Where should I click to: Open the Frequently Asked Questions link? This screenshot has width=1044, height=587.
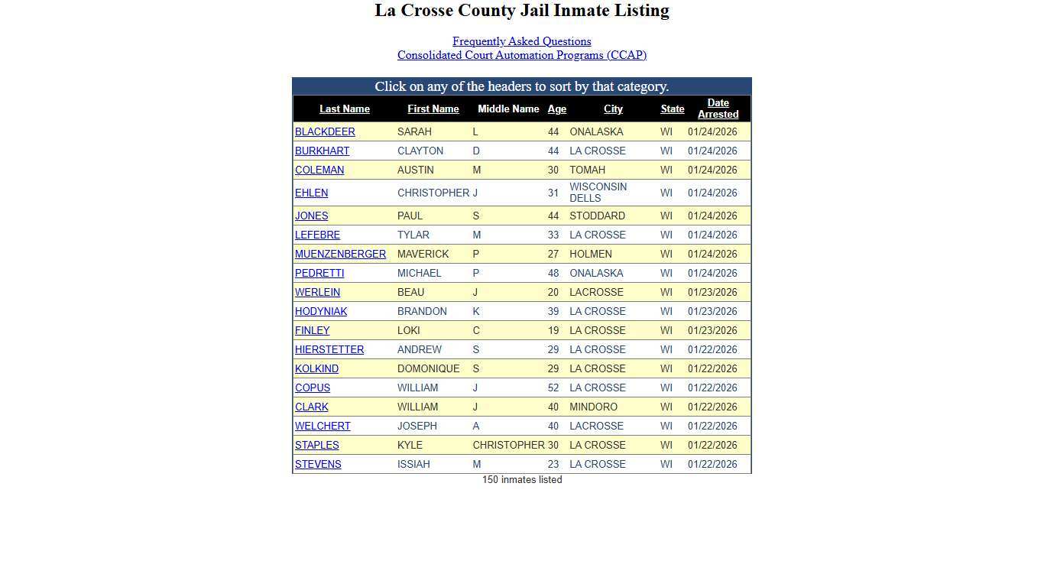pos(521,41)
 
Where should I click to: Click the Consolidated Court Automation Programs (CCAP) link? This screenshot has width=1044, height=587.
pos(521,55)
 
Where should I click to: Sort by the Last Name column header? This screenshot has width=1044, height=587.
pos(344,109)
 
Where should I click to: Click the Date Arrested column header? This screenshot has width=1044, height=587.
pos(718,109)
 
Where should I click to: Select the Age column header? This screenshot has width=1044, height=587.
pos(556,109)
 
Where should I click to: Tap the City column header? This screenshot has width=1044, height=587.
pos(613,109)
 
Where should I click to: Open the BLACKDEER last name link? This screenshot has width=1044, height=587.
pos(325,132)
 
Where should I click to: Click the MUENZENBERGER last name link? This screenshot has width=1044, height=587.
pos(340,255)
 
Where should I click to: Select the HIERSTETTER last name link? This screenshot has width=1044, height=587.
pos(329,350)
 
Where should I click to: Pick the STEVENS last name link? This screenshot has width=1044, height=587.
pos(318,465)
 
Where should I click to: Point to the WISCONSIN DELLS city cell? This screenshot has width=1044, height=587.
pos(598,193)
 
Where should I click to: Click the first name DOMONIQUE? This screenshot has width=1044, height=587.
pos(428,369)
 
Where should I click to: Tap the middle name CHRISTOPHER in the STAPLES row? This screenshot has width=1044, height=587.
pos(508,446)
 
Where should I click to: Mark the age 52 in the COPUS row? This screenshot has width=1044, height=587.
pos(553,388)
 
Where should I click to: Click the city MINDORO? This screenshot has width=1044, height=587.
pos(593,407)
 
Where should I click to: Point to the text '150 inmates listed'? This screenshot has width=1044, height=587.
pos(522,480)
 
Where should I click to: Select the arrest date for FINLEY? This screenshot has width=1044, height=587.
pos(712,331)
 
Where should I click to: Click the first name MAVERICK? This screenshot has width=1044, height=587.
pos(423,255)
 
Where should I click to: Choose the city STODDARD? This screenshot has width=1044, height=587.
pos(597,216)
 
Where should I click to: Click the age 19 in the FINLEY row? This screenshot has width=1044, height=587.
pos(553,331)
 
